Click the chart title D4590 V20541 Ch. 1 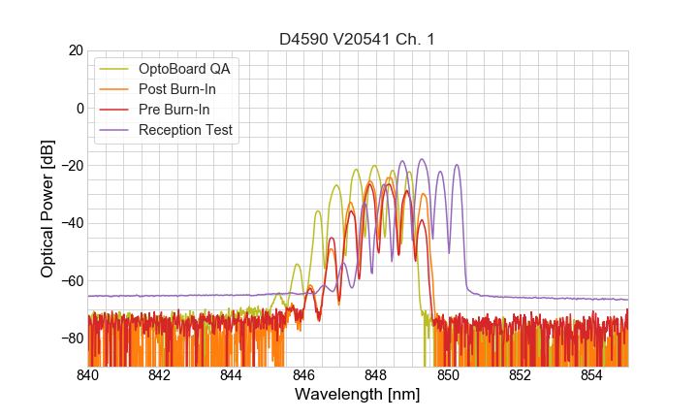pyautogui.click(x=357, y=39)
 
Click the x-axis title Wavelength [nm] pyautogui.click(x=357, y=395)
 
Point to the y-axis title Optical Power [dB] pyautogui.click(x=48, y=209)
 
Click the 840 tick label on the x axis pyautogui.click(x=87, y=374)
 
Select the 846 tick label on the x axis pyautogui.click(x=303, y=374)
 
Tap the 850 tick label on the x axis pyautogui.click(x=448, y=374)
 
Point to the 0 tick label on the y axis pyautogui.click(x=79, y=108)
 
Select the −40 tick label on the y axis pyautogui.click(x=71, y=223)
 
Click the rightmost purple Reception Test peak pyautogui.click(x=457, y=166)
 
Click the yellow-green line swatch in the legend pyautogui.click(x=114, y=69)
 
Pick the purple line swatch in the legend pyautogui.click(x=114, y=130)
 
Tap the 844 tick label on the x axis pyautogui.click(x=232, y=374)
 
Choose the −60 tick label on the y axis pyautogui.click(x=71, y=280)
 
